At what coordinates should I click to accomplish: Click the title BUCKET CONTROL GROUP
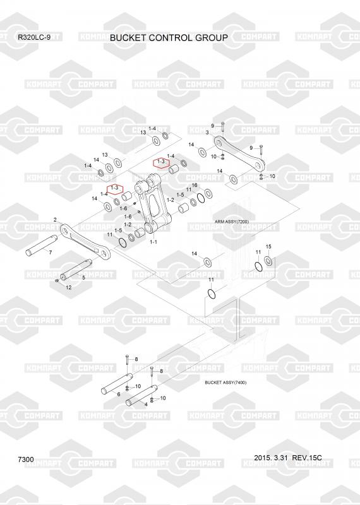[169, 38]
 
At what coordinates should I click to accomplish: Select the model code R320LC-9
[34, 37]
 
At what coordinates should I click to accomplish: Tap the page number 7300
[26, 460]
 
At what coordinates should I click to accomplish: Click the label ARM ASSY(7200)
[232, 222]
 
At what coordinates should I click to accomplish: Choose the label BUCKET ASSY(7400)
[225, 383]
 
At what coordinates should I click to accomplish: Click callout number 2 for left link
[55, 220]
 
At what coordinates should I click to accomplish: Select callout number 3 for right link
[207, 133]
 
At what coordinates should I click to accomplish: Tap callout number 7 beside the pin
[51, 252]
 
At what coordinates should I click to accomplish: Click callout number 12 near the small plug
[69, 287]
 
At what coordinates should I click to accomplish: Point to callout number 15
[268, 246]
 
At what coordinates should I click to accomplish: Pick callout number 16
[195, 185]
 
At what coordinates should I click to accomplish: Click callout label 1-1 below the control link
[153, 242]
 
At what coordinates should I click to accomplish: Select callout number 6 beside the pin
[119, 394]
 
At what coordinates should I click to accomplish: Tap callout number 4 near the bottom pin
[146, 404]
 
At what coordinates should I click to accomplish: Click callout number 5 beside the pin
[84, 277]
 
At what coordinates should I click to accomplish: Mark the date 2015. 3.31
[270, 458]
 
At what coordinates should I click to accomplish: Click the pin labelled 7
[41, 246]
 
